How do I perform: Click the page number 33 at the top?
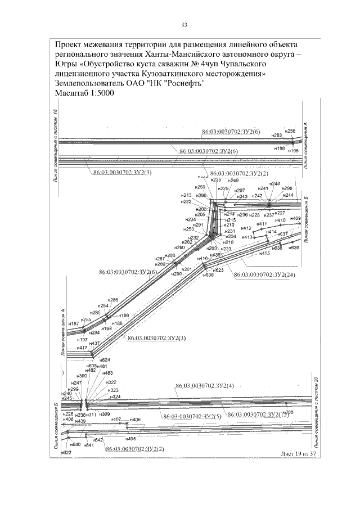point(184,24)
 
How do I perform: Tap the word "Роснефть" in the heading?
point(183,83)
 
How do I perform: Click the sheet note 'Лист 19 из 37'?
point(299,453)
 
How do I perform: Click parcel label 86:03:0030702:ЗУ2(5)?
point(192,416)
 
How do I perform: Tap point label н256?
point(290,131)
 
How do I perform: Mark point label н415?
point(265,254)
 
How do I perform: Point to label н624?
point(105,359)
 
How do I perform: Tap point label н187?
point(74,323)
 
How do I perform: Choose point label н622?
point(66,452)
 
